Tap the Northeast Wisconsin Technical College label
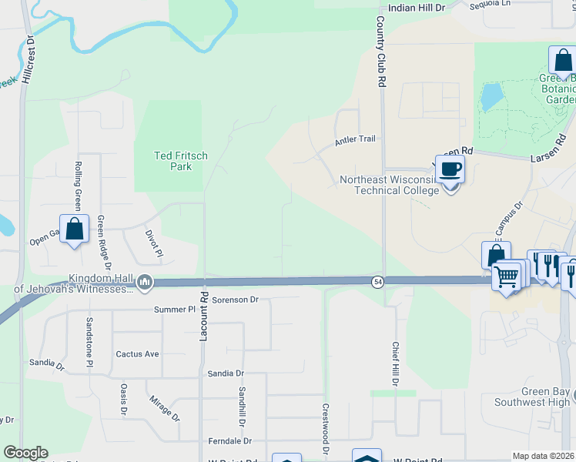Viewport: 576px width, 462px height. click(390, 186)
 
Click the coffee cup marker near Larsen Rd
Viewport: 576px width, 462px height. click(451, 170)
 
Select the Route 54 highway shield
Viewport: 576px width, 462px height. click(377, 282)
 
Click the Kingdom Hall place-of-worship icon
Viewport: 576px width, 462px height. click(144, 283)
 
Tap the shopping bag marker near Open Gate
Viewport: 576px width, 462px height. click(74, 229)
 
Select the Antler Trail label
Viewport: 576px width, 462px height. click(355, 139)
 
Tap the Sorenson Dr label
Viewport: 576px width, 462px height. click(236, 299)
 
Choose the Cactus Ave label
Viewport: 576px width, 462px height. click(137, 354)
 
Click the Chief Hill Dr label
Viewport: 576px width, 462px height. click(395, 363)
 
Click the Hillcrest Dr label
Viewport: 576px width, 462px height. click(28, 59)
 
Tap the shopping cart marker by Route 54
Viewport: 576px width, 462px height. click(506, 276)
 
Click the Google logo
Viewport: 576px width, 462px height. click(25, 453)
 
